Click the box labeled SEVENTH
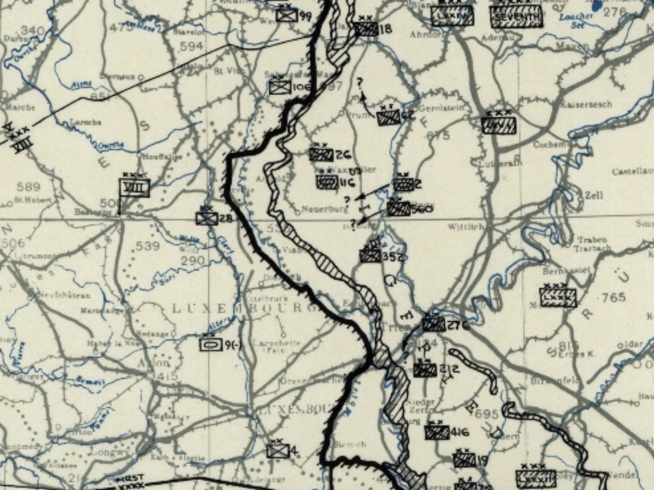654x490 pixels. [x=516, y=17]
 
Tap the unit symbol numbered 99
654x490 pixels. [x=287, y=15]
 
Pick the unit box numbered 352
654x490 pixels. [x=371, y=255]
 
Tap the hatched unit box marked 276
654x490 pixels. [x=433, y=324]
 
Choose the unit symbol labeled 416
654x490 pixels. [x=437, y=432]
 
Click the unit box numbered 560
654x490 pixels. [x=399, y=209]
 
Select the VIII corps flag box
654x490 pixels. [x=134, y=187]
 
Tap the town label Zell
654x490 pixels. [x=594, y=195]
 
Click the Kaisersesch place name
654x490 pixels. [x=586, y=104]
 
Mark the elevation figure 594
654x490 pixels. [x=191, y=46]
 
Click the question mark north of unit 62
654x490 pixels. [x=360, y=83]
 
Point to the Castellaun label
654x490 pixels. [x=632, y=171]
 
